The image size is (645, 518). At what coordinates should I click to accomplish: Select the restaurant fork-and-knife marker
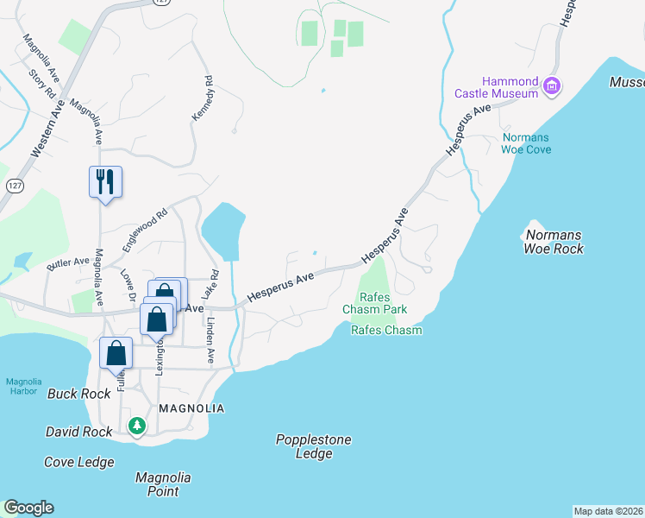pyautogui.click(x=105, y=182)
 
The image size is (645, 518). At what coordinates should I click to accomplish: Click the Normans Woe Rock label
pyautogui.click(x=554, y=242)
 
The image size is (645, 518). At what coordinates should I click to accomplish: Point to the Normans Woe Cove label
pyautogui.click(x=526, y=143)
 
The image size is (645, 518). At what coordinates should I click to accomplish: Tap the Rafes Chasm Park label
pyautogui.click(x=374, y=302)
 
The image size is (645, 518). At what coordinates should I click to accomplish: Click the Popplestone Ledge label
pyautogui.click(x=314, y=446)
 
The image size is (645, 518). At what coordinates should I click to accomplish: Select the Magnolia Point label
pyautogui.click(x=163, y=484)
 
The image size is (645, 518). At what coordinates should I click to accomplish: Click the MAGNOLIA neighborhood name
pyautogui.click(x=191, y=408)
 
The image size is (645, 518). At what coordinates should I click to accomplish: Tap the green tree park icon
pyautogui.click(x=136, y=425)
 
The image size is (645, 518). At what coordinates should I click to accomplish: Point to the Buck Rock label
pyautogui.click(x=79, y=394)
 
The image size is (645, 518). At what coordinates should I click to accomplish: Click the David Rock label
pyautogui.click(x=79, y=431)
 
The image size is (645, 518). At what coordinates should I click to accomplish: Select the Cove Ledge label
pyautogui.click(x=79, y=462)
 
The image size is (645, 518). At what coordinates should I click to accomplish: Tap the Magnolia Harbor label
pyautogui.click(x=22, y=386)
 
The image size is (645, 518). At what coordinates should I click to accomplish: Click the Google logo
pyautogui.click(x=28, y=508)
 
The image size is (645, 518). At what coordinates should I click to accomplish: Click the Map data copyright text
pyautogui.click(x=608, y=511)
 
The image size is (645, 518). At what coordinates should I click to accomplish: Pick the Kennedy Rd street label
pyautogui.click(x=202, y=103)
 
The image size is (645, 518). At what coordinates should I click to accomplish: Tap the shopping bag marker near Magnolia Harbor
pyautogui.click(x=116, y=353)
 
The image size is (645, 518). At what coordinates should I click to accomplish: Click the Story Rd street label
pyautogui.click(x=41, y=84)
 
